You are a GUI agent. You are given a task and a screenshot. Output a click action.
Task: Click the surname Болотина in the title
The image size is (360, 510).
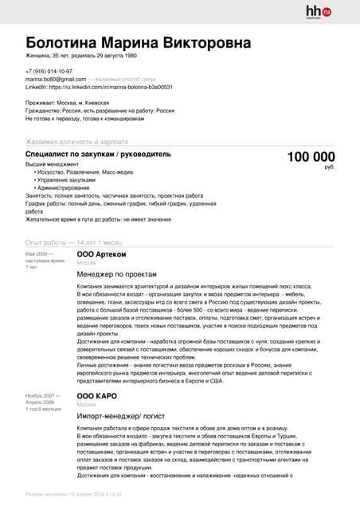pos(70,42)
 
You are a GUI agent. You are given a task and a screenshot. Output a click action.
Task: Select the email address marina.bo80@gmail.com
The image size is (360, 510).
pos(55,80)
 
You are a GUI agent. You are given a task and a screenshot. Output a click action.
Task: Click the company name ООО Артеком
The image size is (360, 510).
pos(101,254)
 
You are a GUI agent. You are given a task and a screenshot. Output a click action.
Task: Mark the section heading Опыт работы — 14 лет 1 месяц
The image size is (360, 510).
pos(73,241)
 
